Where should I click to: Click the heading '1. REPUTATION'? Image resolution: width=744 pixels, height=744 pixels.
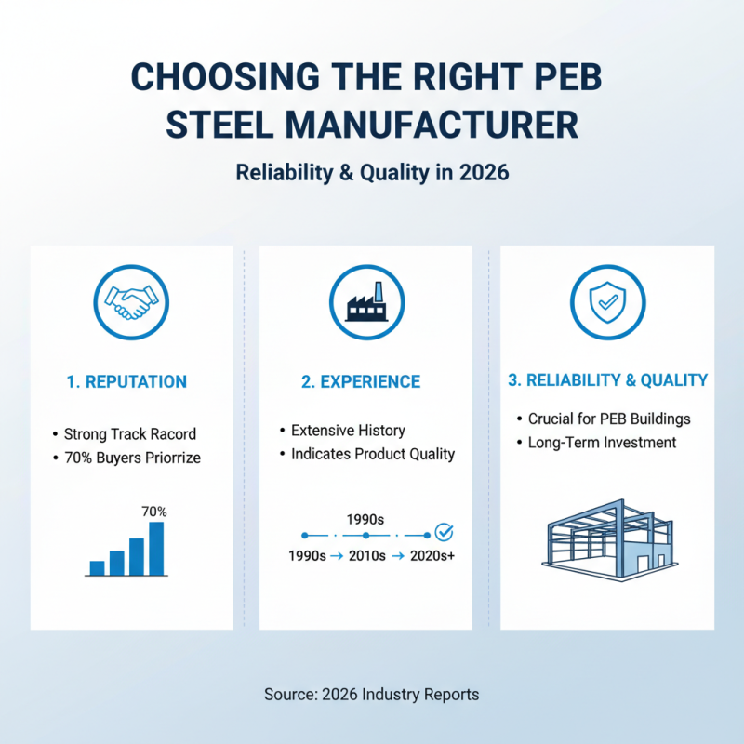click(127, 382)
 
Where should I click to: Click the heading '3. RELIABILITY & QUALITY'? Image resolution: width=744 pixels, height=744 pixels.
click(607, 380)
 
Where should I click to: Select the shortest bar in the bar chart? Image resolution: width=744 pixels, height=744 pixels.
click(97, 567)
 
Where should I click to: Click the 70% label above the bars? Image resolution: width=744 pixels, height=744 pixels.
click(154, 511)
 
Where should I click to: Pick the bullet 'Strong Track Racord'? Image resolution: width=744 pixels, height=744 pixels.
click(129, 434)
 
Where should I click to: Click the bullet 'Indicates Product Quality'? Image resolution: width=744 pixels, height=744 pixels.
click(372, 454)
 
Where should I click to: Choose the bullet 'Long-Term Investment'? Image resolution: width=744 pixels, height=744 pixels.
click(603, 443)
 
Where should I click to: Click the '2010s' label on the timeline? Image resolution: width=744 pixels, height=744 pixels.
click(365, 556)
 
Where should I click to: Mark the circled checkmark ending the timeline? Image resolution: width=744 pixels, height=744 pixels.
click(445, 532)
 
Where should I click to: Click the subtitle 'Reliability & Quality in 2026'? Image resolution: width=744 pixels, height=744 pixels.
click(372, 173)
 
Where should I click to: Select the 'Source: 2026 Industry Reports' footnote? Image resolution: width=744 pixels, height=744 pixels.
click(372, 695)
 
